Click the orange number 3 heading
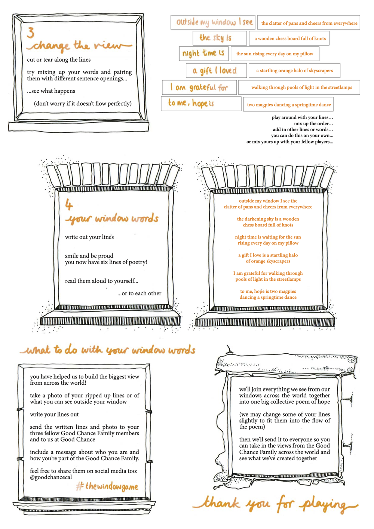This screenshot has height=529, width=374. tap(31, 33)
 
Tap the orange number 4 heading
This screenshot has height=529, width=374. tap(68, 204)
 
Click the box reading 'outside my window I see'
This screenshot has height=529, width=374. tap(213, 23)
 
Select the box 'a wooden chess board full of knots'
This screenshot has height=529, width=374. tap(289, 38)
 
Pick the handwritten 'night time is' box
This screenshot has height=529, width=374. tap(204, 53)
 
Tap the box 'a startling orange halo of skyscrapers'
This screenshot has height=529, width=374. tap(294, 70)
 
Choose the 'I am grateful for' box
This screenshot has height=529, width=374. tap(199, 87)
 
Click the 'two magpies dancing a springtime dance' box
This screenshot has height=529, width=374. tap(288, 104)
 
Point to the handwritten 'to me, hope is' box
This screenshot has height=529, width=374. tap(201, 104)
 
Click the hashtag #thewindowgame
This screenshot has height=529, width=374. tap(107, 486)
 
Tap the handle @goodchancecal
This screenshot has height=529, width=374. tap(51, 477)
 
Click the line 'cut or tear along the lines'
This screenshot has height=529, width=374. tap(59, 59)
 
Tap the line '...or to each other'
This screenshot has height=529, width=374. tap(140, 293)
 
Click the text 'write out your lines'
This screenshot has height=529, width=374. tap(89, 237)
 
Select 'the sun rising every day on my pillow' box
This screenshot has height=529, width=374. tap(275, 53)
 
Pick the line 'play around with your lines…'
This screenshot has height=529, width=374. tap(302, 117)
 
